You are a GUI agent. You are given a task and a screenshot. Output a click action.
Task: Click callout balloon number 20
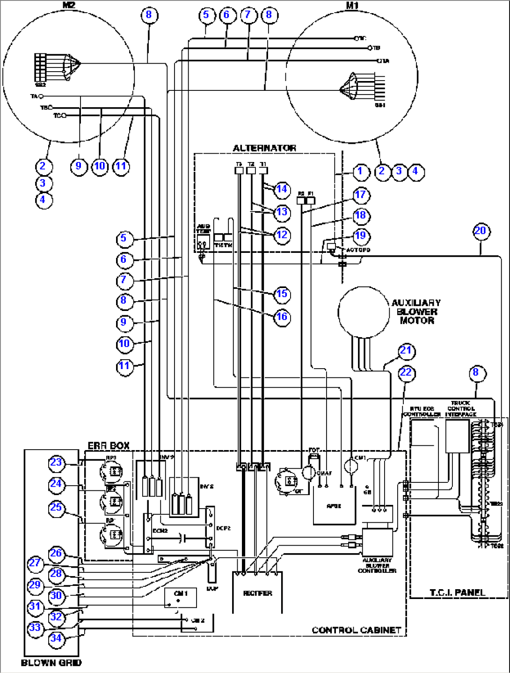point(481,231)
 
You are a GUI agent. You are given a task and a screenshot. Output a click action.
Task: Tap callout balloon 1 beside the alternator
point(360,172)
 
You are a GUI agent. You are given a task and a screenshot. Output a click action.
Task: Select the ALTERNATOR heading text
point(264,148)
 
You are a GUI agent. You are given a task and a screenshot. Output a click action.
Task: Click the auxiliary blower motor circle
point(364,312)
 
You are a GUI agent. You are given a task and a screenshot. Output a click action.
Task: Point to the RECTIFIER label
point(257,593)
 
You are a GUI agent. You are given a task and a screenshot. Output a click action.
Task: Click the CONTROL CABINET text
point(357,630)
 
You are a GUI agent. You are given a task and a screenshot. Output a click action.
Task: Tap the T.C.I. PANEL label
point(457,592)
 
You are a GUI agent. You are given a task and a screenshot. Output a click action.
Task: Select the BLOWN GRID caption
point(51,663)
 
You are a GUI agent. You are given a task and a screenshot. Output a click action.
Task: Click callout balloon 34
point(56,638)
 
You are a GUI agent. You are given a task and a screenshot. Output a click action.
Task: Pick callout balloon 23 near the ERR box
point(56,463)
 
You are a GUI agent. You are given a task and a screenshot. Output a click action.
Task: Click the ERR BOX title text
point(109,445)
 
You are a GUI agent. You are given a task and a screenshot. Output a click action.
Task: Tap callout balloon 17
point(360,195)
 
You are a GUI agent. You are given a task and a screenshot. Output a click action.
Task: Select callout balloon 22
point(406,373)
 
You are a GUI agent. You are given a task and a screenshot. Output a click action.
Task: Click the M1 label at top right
point(352,6)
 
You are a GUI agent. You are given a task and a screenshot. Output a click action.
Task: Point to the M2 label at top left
point(69,6)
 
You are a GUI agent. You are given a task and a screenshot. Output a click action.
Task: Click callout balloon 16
point(282,317)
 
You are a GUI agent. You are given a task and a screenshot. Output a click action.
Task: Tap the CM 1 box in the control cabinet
point(180,598)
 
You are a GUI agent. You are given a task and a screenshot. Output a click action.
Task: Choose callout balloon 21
point(406,351)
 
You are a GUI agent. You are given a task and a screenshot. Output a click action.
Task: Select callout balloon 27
point(36,563)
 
